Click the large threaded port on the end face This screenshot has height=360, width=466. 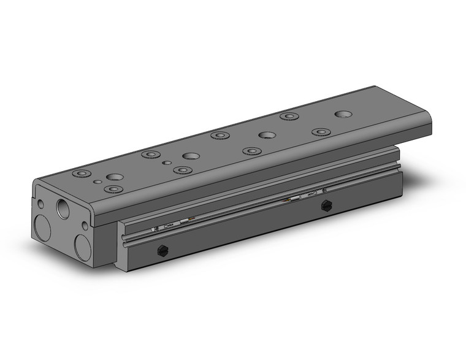click(x=63, y=207)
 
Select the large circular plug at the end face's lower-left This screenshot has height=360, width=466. click(x=42, y=228)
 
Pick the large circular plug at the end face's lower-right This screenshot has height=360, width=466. click(x=82, y=247)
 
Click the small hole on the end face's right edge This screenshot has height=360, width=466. click(x=85, y=226)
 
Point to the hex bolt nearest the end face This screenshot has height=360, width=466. click(x=162, y=250)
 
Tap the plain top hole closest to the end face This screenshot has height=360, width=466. click(x=115, y=177)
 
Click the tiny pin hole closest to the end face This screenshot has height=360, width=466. click(x=97, y=182)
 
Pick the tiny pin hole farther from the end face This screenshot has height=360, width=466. click(x=167, y=163)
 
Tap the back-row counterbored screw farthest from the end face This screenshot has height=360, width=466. click(x=289, y=116)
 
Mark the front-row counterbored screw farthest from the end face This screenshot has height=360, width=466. click(x=321, y=132)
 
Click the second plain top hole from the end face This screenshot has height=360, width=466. click(x=191, y=156)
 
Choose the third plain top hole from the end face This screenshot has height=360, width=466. click(x=267, y=135)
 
